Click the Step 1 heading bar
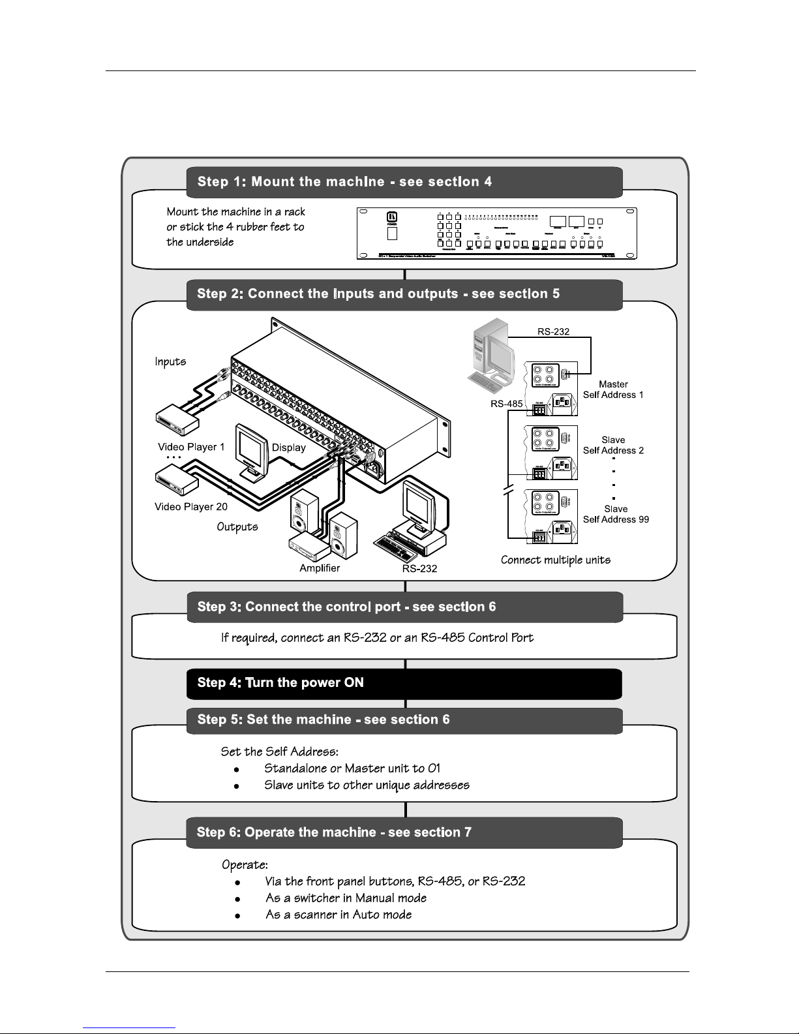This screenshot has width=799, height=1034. [x=404, y=182]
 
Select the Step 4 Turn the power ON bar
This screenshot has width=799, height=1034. [x=404, y=683]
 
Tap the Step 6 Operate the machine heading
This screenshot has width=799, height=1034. [x=404, y=832]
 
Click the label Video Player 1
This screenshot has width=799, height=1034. [x=191, y=447]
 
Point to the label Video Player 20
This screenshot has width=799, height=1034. [x=191, y=506]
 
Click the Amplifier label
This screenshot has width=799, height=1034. [x=320, y=568]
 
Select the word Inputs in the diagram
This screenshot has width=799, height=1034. [x=170, y=361]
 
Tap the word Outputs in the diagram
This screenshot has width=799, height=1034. [x=237, y=526]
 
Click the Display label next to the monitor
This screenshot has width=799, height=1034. [x=289, y=447]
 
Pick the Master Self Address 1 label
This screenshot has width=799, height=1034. [x=613, y=389]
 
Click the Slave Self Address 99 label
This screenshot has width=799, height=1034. [x=616, y=514]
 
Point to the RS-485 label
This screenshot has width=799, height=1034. [x=507, y=404]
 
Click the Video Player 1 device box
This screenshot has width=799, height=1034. [x=177, y=419]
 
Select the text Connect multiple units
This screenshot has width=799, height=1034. [x=556, y=560]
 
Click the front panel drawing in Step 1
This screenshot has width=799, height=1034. [x=496, y=233]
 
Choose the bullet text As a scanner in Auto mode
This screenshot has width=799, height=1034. [x=339, y=915]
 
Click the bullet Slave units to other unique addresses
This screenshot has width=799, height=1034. [x=367, y=785]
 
